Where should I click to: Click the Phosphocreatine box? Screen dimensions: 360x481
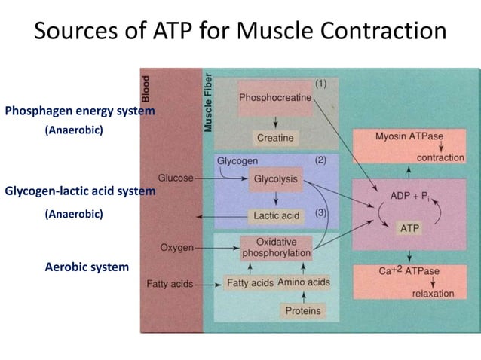pos(275,99)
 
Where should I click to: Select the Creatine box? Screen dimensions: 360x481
pos(275,138)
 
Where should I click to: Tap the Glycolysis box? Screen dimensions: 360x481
pos(275,179)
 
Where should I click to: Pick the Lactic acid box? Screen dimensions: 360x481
pos(275,216)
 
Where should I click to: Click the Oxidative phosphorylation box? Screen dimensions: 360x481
pos(276,248)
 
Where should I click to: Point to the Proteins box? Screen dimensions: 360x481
pos(303,310)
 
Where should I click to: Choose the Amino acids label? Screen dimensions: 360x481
pos(304,282)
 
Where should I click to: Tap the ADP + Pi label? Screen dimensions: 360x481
pos(410,196)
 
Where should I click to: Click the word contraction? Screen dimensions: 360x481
pos(440,158)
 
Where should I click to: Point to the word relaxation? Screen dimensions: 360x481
pos(433,293)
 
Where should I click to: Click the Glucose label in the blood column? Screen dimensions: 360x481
pos(176,178)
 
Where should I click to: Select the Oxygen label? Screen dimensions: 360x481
pos(177,247)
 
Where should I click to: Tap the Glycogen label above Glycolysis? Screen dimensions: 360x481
pos(237,160)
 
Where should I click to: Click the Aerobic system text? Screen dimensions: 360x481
pos(87,267)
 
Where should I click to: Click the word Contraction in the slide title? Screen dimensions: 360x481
pos(377,32)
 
